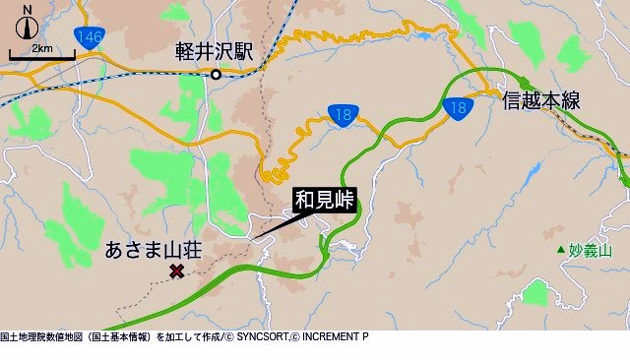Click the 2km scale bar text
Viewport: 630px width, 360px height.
[41, 48]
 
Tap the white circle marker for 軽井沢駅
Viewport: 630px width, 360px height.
[216, 74]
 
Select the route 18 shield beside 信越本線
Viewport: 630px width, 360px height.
[457, 107]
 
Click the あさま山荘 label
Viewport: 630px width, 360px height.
[153, 251]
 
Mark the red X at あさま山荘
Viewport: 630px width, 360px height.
[177, 270]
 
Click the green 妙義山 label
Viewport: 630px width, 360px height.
[592, 251]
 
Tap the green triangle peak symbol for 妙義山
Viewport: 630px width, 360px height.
[560, 251]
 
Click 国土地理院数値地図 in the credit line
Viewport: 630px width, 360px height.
[40, 336]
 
